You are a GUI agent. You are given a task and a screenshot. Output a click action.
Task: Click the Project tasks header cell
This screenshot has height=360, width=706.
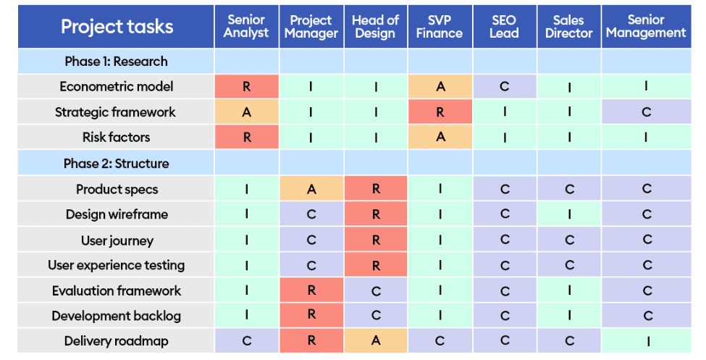[x=117, y=27]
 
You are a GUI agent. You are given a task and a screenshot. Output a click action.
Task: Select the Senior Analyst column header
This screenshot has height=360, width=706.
[x=246, y=27]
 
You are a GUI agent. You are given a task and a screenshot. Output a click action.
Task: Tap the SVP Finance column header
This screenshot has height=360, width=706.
[x=440, y=27]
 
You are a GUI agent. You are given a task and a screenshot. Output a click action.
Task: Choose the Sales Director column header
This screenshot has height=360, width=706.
[x=568, y=27]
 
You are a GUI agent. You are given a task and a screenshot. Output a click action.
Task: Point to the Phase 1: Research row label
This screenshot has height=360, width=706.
[x=116, y=62]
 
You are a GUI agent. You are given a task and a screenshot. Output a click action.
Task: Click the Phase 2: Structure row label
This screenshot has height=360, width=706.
[x=116, y=164]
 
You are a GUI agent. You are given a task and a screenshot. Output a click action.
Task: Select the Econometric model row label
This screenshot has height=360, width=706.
[x=116, y=87]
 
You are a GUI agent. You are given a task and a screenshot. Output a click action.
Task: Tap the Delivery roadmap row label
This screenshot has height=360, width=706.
[x=116, y=341]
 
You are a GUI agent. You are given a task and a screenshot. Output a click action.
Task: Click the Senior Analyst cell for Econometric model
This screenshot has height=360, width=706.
[x=247, y=87]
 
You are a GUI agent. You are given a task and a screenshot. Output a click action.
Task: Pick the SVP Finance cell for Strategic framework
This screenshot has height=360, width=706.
[x=440, y=112]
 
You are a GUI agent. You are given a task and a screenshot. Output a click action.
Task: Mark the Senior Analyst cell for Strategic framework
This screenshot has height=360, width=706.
[x=247, y=112]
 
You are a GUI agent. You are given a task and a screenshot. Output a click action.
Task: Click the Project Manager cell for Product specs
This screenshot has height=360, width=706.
[x=311, y=189]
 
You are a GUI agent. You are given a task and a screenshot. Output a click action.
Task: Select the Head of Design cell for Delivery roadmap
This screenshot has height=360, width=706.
[x=376, y=341]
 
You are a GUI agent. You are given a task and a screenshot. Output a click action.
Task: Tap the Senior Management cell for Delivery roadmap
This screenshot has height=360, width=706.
[x=647, y=341]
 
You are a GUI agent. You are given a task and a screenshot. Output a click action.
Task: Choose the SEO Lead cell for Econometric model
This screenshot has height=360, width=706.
[x=504, y=87]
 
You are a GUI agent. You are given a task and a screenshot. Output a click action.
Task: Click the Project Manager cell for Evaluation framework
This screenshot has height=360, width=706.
[x=311, y=290]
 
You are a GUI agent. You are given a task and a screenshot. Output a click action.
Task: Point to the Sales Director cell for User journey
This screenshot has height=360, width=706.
[x=569, y=240]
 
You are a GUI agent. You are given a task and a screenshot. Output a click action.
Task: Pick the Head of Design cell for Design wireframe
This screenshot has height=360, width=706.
[x=376, y=214]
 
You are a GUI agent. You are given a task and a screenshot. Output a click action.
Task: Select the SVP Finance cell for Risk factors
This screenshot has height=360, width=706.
[x=440, y=138]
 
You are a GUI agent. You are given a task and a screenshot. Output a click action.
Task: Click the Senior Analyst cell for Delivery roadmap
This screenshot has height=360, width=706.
[x=247, y=341]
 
